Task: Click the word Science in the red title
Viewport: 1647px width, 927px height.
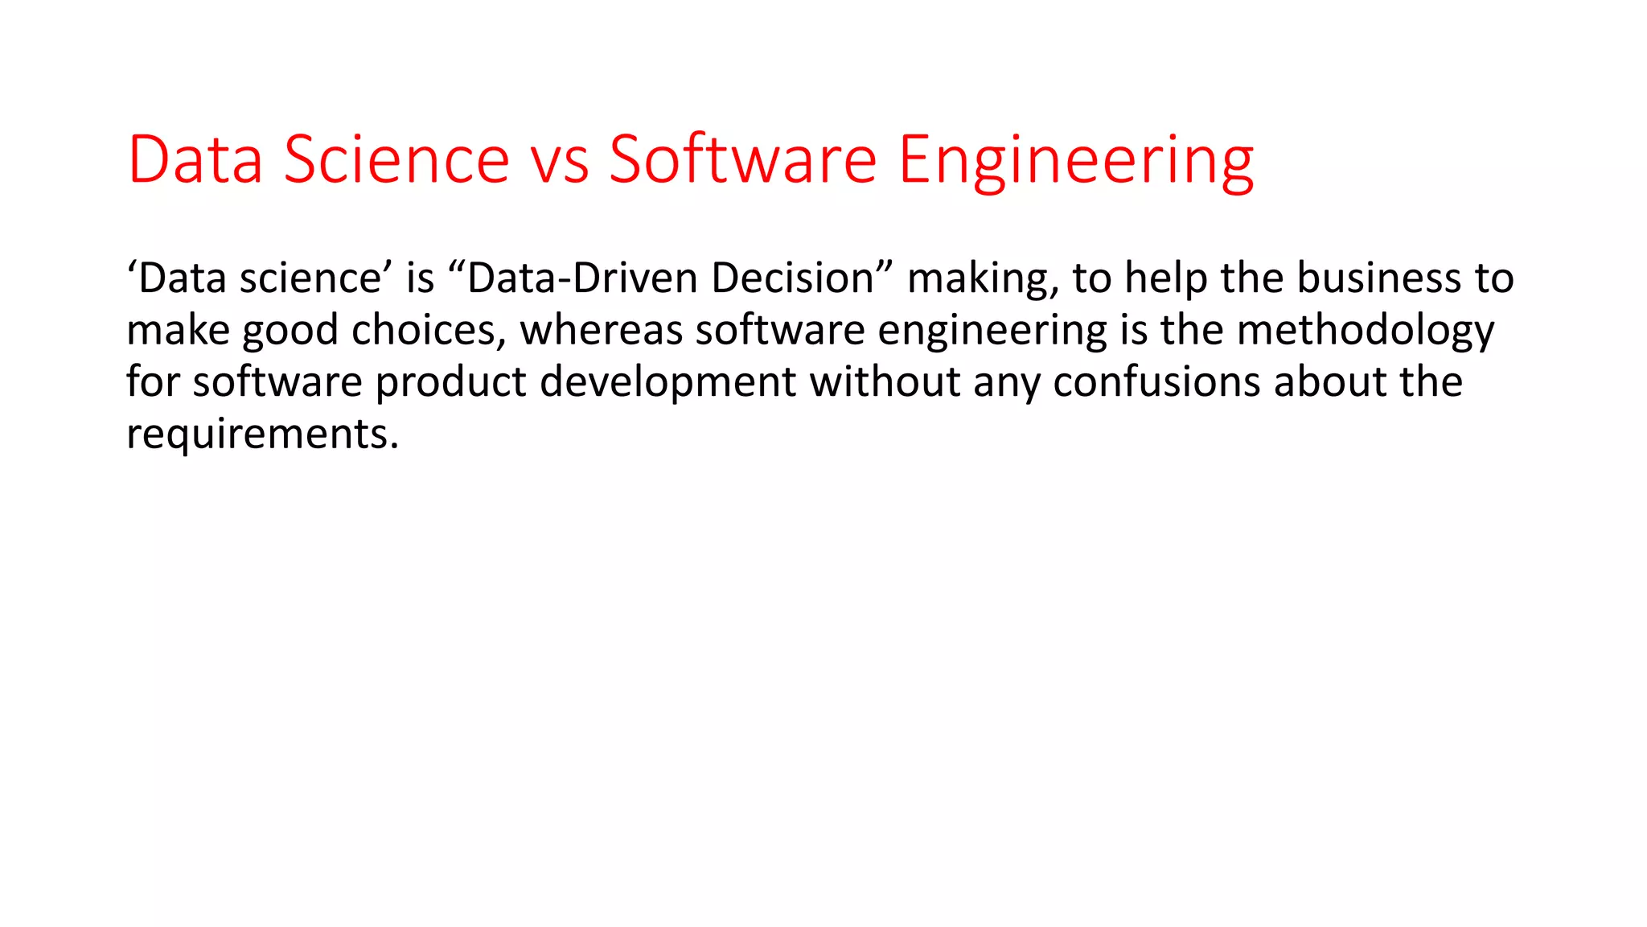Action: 396,159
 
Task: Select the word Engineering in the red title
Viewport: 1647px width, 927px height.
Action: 1075,159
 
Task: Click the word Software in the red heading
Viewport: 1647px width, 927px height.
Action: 742,159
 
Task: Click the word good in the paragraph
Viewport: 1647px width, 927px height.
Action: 290,331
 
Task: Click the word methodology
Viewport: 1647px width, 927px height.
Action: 1365,331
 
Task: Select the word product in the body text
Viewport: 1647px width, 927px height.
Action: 450,382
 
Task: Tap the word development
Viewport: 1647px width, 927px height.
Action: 667,382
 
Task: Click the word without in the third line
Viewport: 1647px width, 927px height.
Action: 885,382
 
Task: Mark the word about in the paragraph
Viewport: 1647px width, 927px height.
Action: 1330,382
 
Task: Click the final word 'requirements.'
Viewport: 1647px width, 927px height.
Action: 262,435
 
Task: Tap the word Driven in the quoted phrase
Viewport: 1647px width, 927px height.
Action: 635,278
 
